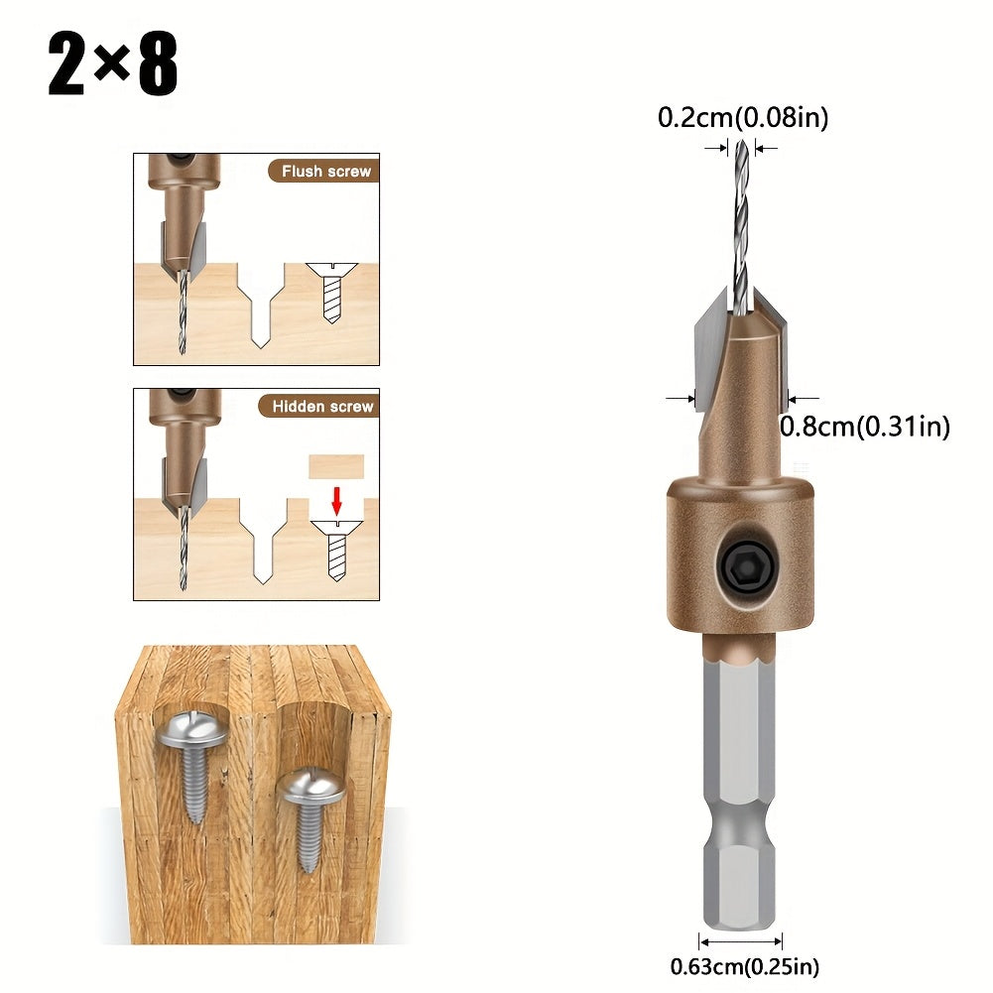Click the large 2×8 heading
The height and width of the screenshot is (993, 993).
(x=113, y=63)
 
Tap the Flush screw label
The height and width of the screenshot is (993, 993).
(x=326, y=171)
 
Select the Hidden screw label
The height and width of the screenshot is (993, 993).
(x=322, y=406)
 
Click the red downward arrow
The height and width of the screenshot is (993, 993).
(x=337, y=500)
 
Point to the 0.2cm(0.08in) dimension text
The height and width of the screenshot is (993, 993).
(x=743, y=117)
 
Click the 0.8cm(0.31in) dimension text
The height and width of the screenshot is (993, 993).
(x=864, y=427)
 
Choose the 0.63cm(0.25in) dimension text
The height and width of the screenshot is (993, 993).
(x=745, y=966)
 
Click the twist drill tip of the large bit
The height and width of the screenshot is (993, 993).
(x=742, y=145)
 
